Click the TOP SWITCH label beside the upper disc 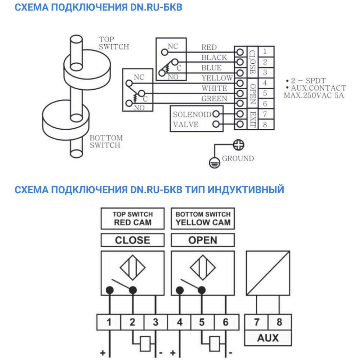(114, 43)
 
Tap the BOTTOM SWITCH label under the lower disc (106, 141)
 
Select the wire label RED (209, 47)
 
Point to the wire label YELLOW (217, 78)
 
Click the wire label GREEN (214, 99)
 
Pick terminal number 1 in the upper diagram (265, 51)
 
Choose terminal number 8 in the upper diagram (265, 125)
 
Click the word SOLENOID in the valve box (192, 114)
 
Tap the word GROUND (238, 158)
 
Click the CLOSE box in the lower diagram (132, 240)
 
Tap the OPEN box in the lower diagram (203, 240)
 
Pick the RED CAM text (132, 222)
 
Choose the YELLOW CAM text (203, 222)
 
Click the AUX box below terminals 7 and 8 (268, 338)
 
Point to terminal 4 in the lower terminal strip (179, 322)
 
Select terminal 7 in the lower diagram (256, 322)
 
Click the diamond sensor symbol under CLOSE (132, 268)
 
